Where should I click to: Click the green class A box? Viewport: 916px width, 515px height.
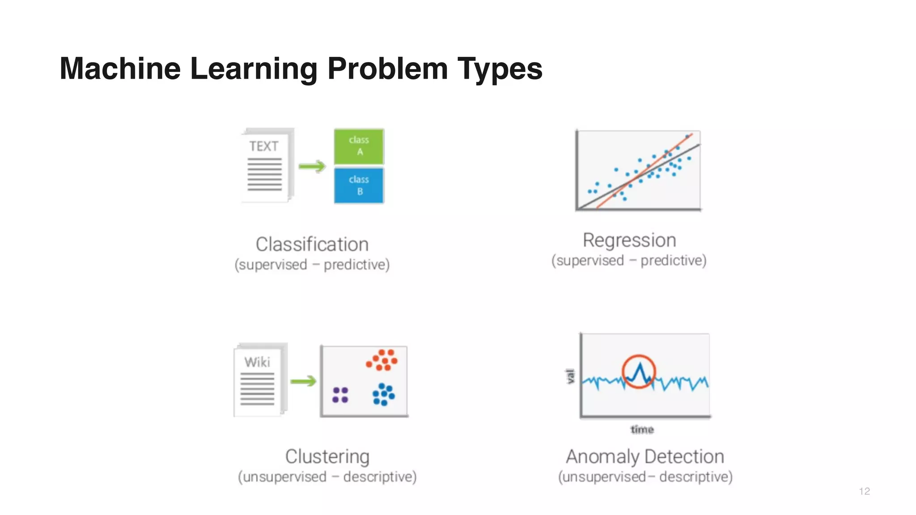[359, 146]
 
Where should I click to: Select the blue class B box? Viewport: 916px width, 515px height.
[359, 185]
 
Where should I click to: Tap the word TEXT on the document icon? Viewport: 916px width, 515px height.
[263, 146]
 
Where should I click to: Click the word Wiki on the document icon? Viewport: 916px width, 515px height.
[257, 362]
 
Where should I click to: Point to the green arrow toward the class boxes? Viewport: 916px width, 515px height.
[312, 167]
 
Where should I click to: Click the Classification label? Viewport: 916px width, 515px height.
[312, 245]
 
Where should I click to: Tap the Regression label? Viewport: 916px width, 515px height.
[629, 241]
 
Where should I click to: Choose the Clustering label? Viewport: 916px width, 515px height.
[327, 456]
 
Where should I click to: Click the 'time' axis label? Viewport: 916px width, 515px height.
[642, 430]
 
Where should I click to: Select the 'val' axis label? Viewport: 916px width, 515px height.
[570, 376]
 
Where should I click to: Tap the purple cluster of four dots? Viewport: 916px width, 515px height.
[340, 395]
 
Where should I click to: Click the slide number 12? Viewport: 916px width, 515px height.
[864, 491]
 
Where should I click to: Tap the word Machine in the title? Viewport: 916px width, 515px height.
[120, 69]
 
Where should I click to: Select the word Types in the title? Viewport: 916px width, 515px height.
[500, 69]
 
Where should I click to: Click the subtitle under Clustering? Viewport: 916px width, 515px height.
[327, 477]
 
